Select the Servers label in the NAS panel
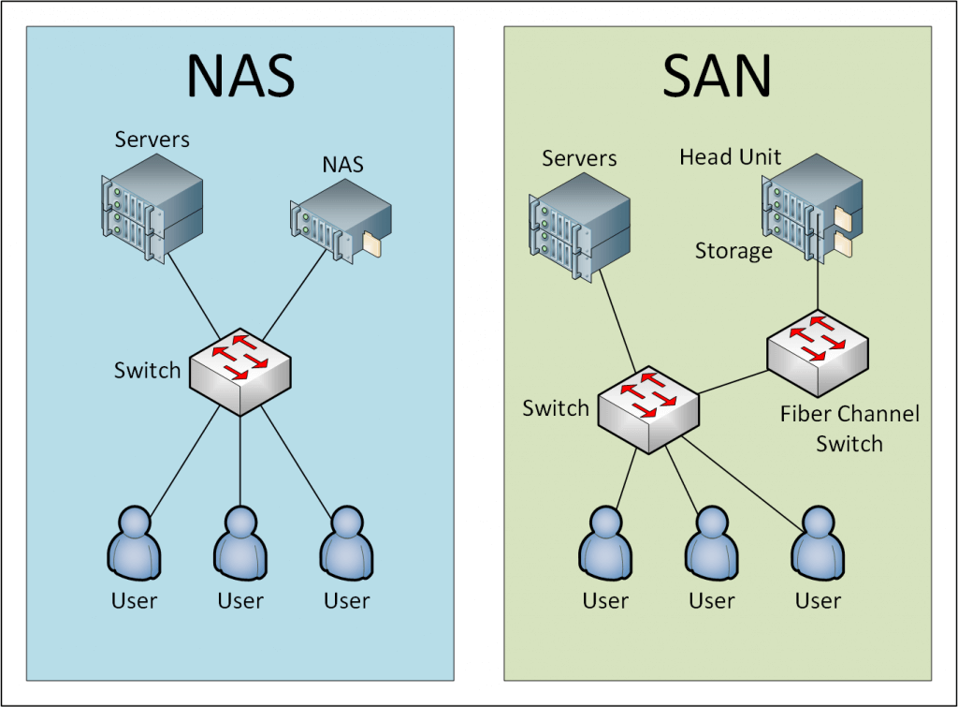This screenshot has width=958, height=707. coord(152,140)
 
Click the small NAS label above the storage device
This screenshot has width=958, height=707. coord(342,165)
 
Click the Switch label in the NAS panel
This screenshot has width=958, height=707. coord(147,370)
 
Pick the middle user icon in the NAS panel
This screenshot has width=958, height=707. coord(240,546)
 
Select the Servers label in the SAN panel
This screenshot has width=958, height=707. coord(579,158)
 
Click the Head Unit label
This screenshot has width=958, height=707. coord(730,156)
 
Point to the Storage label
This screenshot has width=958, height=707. coord(733,251)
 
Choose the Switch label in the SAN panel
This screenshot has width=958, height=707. coord(556,408)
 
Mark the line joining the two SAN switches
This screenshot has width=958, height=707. coord(733,378)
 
